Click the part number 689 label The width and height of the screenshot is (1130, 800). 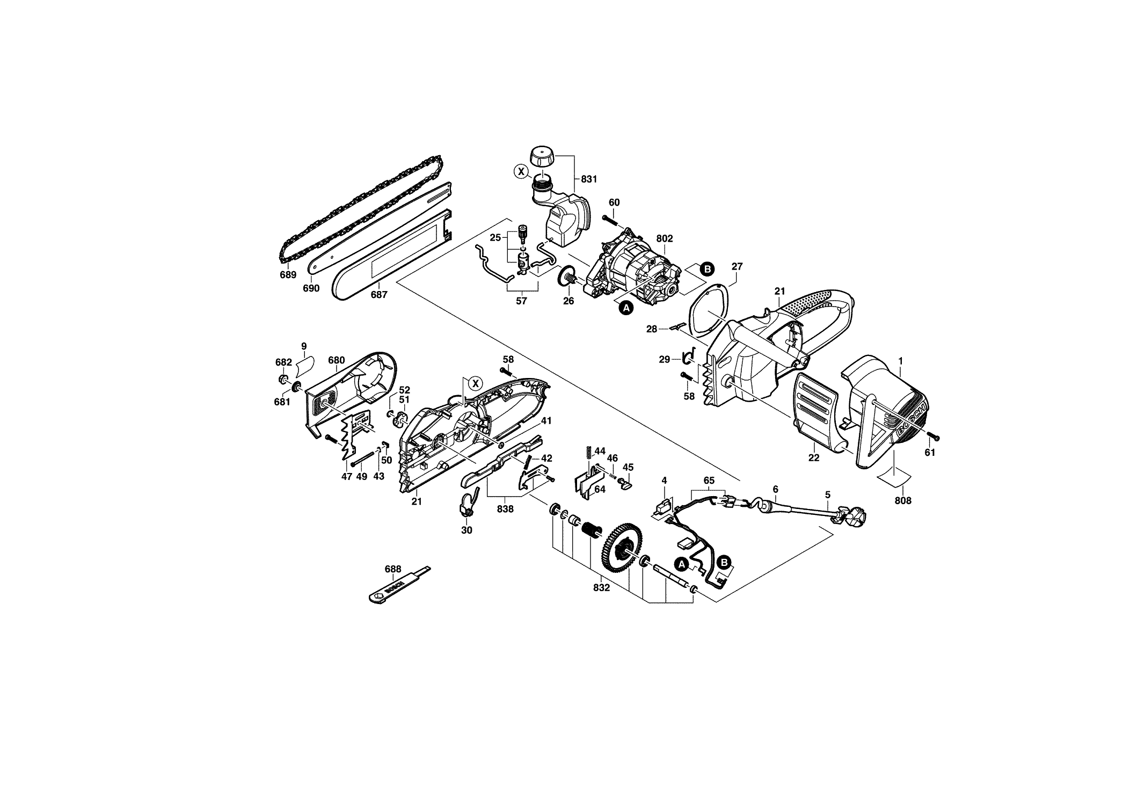click(x=288, y=275)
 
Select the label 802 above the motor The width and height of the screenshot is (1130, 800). click(x=665, y=238)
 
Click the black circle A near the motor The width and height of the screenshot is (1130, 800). click(x=624, y=308)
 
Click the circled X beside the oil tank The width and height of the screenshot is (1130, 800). click(x=520, y=172)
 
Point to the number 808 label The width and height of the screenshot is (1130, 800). click(x=903, y=501)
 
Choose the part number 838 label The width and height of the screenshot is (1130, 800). click(x=505, y=509)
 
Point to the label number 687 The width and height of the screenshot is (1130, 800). click(x=379, y=295)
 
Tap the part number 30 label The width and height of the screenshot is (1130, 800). click(x=466, y=530)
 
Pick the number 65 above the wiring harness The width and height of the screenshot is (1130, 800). click(x=709, y=481)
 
